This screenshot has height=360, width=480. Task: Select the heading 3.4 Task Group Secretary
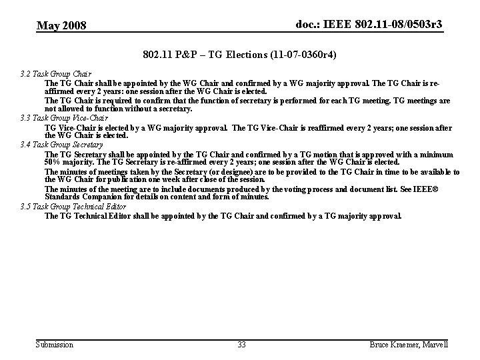click(62, 144)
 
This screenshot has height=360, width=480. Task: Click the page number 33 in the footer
click(241, 345)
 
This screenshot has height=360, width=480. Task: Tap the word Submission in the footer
click(55, 345)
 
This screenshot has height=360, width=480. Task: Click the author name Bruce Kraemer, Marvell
click(408, 345)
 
